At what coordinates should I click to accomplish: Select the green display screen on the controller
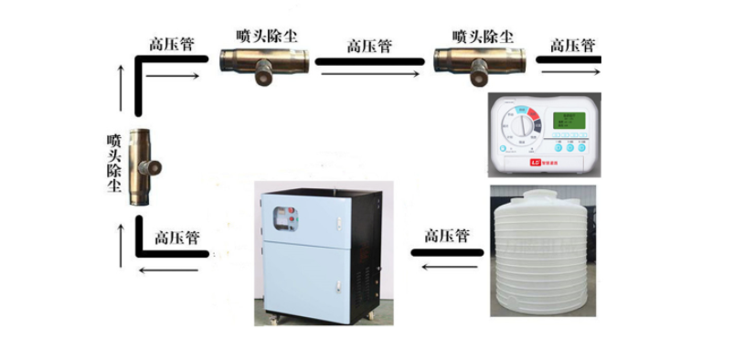(566, 120)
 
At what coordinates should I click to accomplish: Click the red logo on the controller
(537, 164)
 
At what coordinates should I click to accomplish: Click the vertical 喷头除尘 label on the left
(114, 163)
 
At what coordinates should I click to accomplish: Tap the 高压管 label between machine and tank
(446, 236)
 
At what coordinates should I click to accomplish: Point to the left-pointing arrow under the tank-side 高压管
(446, 266)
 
